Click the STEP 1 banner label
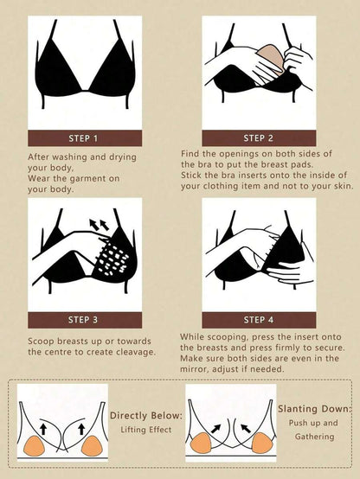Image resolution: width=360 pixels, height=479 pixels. coord(83,138)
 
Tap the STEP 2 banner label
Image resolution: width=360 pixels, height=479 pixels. coord(258,138)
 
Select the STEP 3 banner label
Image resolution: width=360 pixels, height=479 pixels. coord(83,320)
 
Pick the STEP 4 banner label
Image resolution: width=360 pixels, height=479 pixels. coord(259,320)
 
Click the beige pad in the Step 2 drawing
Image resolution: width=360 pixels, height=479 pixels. coord(269,58)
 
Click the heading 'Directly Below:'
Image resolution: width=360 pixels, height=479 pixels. coord(146,416)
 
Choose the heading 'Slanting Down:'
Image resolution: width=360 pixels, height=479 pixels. coord(315,409)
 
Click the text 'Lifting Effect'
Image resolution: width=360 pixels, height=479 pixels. coord(146,430)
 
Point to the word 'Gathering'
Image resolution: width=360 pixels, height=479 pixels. coord(314,437)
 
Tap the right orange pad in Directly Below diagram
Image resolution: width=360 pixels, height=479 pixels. coord(91,446)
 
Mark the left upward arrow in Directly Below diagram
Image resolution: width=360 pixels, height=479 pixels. coord(43,429)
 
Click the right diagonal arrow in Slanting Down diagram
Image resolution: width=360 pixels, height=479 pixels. coord(246,428)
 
